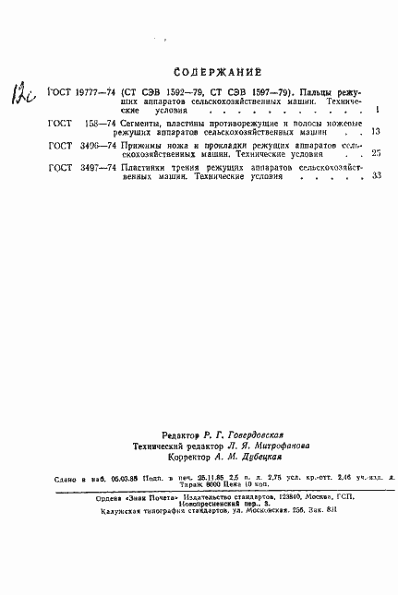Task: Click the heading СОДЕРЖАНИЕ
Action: coord(217,72)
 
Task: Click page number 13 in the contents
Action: coord(375,132)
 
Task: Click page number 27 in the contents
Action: coord(375,154)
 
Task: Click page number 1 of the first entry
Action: coord(379,110)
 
